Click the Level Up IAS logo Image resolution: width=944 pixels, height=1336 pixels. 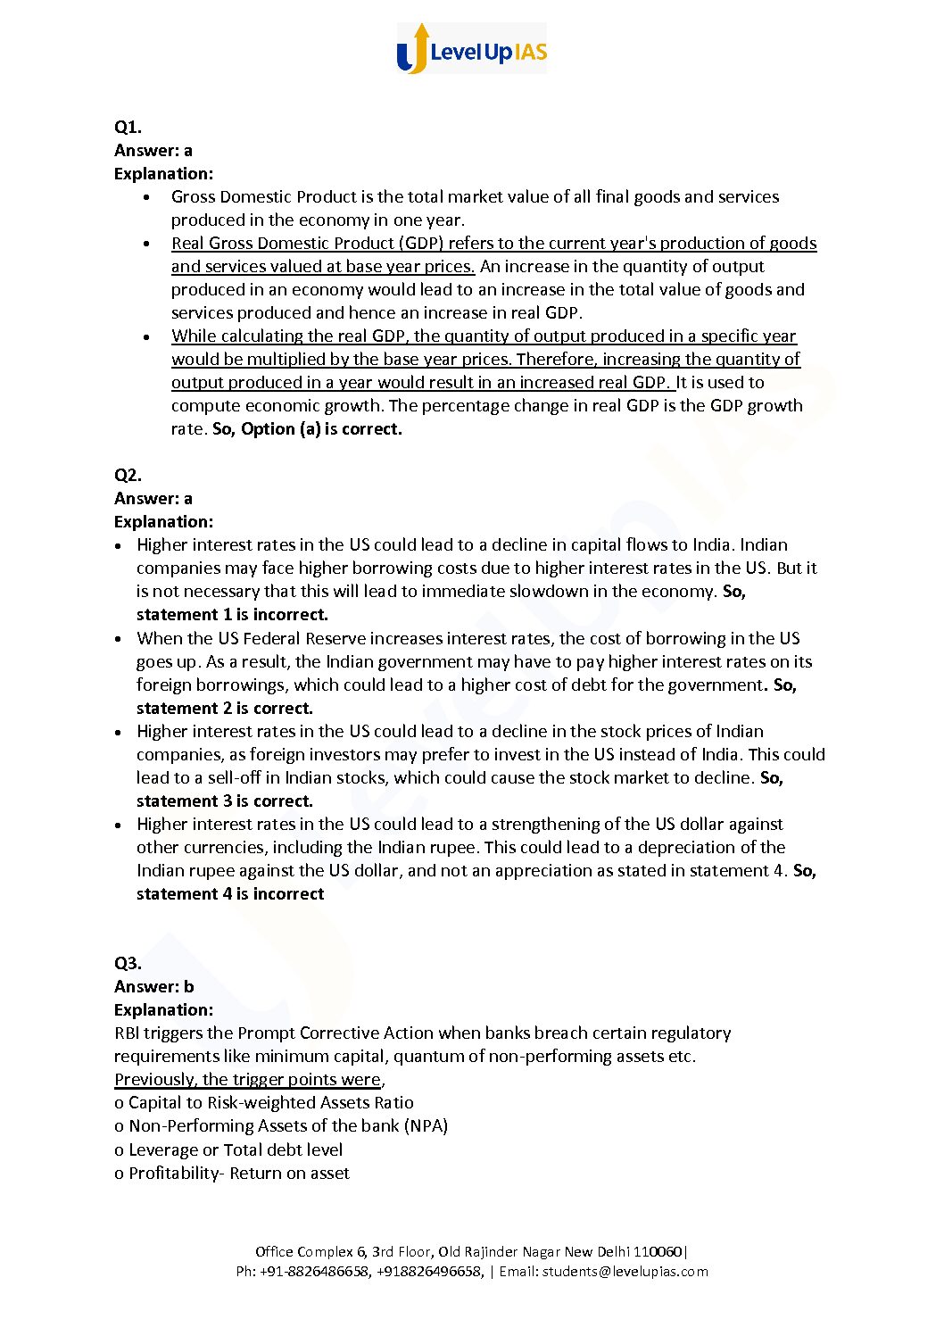coord(471,49)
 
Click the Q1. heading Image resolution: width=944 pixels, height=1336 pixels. coord(128,127)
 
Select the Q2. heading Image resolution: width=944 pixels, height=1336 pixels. coord(128,475)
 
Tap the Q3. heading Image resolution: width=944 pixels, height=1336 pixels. coord(128,963)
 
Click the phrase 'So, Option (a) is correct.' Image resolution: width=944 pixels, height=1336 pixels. coord(307,428)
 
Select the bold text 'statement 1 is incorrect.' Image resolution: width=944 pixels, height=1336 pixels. coord(232,614)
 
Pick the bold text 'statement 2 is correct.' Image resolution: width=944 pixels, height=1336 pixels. coord(225,708)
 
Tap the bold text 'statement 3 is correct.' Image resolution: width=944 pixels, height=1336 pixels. coord(225,801)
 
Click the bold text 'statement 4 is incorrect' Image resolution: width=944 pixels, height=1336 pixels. coord(230,893)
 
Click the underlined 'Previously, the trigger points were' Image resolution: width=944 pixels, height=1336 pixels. coord(248,1079)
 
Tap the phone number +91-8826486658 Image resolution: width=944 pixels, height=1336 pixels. coord(314,1271)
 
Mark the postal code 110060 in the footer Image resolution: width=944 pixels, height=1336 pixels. coord(663,1251)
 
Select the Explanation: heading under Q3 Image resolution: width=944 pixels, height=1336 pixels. coord(163,1009)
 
